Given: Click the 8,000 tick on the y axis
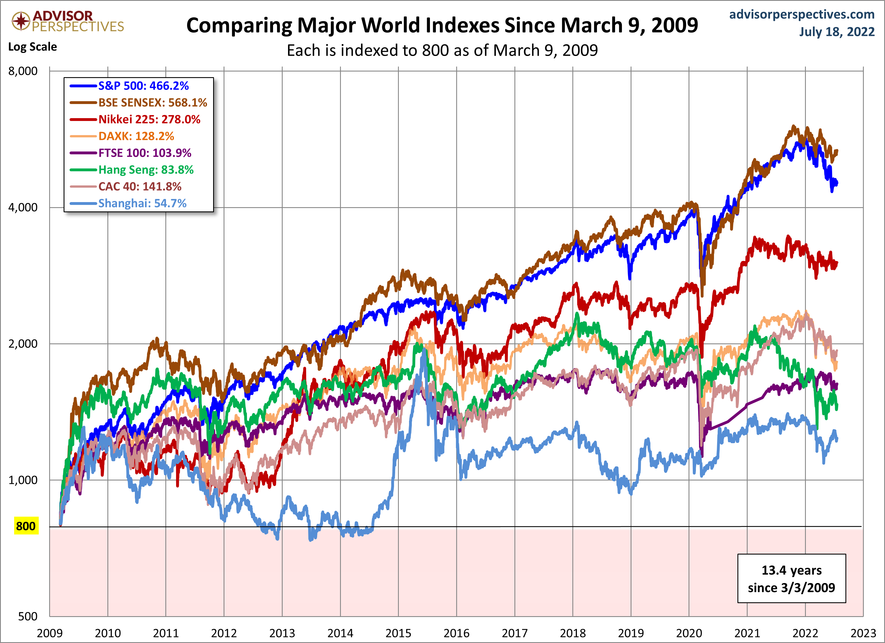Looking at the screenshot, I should pyautogui.click(x=23, y=71).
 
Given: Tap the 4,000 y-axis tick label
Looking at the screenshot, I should pyautogui.click(x=23, y=207).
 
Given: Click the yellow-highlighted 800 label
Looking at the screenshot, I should pyautogui.click(x=26, y=526).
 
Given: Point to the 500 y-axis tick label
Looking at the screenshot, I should pyautogui.click(x=28, y=616).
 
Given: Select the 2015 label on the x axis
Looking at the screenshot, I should pyautogui.click(x=399, y=633).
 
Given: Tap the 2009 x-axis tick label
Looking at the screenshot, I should pyautogui.click(x=49, y=633).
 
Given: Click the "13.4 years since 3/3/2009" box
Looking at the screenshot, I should pyautogui.click(x=791, y=579).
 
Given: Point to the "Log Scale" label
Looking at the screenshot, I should pyautogui.click(x=33, y=47).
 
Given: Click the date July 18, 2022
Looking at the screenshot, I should pyautogui.click(x=837, y=32).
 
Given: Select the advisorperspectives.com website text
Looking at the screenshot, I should pyautogui.click(x=802, y=14).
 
